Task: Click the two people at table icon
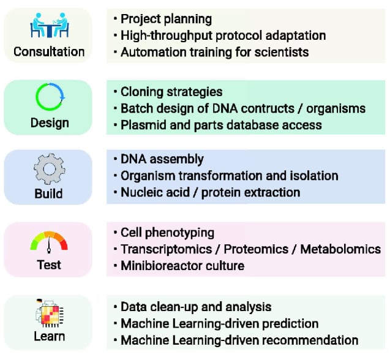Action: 50,25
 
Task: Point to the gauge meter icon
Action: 49,242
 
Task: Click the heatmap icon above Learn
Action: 50,313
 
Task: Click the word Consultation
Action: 49,52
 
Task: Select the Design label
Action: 50,123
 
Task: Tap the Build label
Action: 48,193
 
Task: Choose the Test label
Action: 49,264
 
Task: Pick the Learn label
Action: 49,336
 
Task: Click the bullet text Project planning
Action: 166,19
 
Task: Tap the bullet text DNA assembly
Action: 162,159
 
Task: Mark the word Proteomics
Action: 256,249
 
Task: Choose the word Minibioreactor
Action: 161,266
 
